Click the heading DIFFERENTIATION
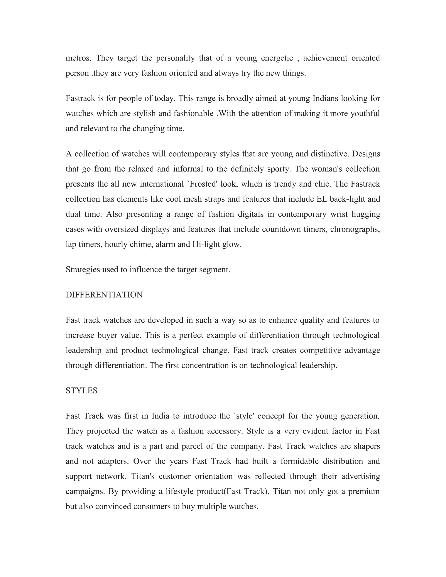[x=104, y=295]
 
